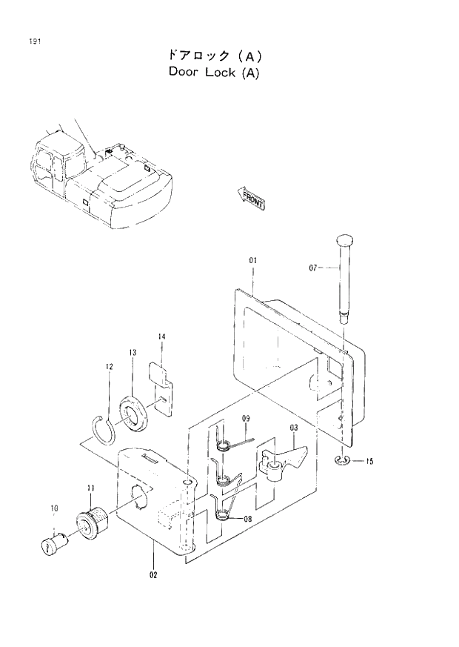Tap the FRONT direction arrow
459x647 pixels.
(x=251, y=198)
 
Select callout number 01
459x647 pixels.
(x=252, y=261)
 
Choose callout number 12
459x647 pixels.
(x=109, y=367)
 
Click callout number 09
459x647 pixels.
(x=247, y=419)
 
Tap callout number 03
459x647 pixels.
(x=294, y=428)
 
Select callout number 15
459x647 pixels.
(x=369, y=462)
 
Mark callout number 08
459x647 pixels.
(x=246, y=520)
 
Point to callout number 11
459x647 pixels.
(x=90, y=488)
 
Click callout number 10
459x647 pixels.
(x=54, y=508)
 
